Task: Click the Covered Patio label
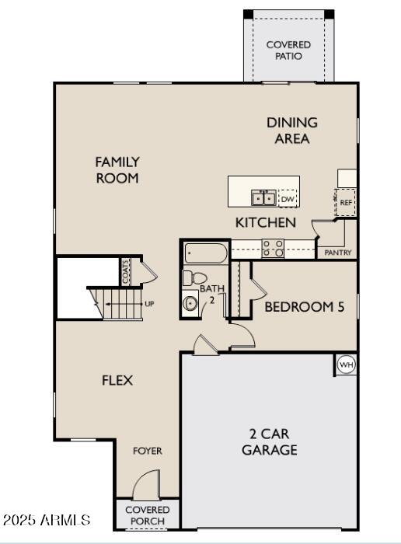tap(288, 51)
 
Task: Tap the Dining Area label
tap(292, 131)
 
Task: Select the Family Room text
tap(117, 170)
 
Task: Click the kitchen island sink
tap(264, 198)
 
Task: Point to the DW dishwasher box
tap(288, 198)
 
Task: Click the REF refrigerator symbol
tap(346, 202)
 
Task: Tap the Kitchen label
tap(266, 222)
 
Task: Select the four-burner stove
tap(273, 249)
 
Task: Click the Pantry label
tap(338, 253)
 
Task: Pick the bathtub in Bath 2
tap(206, 253)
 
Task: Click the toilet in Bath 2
tap(194, 278)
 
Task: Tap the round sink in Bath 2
tap(190, 303)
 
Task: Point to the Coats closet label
tap(126, 272)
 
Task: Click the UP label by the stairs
tap(149, 304)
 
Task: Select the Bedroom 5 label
tap(305, 307)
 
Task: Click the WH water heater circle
tap(346, 364)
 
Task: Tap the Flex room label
tap(117, 381)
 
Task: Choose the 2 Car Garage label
tap(270, 441)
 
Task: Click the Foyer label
tap(148, 451)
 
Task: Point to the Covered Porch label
tap(148, 515)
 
